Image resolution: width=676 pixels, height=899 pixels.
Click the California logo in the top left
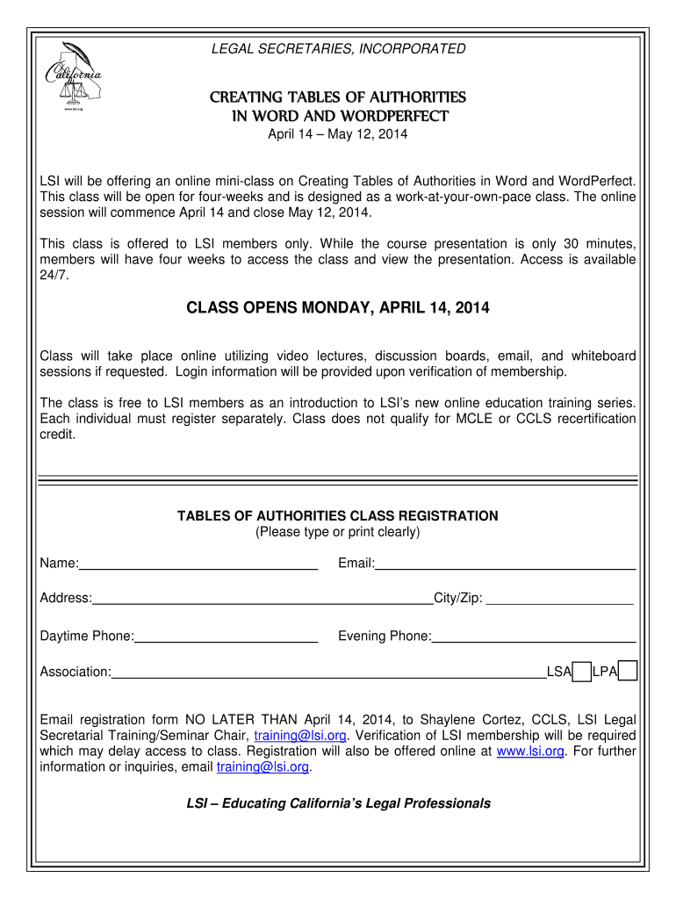[x=74, y=76]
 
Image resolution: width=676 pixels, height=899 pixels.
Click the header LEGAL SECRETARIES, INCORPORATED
[x=338, y=49]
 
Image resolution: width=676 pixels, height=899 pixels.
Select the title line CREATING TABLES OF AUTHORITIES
[x=338, y=97]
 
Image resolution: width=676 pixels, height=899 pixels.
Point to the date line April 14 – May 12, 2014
[x=338, y=134]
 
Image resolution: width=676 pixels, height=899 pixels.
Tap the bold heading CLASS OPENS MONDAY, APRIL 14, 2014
[x=338, y=308]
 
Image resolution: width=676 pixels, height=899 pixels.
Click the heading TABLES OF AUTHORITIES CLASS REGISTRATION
[x=338, y=516]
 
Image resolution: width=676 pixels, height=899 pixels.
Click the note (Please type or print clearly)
[x=338, y=532]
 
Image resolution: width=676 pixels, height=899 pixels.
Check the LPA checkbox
[x=628, y=672]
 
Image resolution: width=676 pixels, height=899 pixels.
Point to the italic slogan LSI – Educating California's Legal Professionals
[x=338, y=803]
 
